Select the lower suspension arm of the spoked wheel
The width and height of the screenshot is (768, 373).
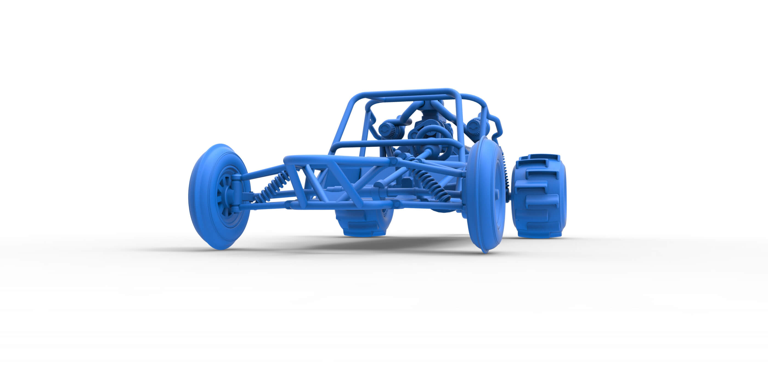pos(262,206)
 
